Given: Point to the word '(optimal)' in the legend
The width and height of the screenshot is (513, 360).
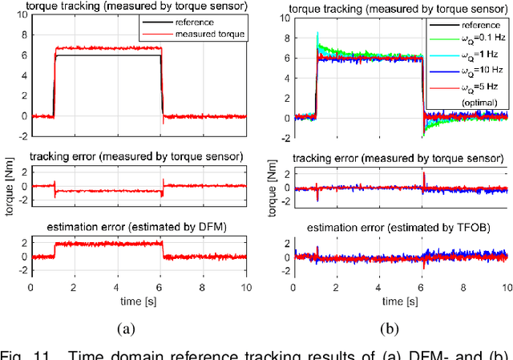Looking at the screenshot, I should point(475,103).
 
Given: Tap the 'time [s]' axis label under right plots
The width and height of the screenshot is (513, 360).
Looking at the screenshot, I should point(402,301).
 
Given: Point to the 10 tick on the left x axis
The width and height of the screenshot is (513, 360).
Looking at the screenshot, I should point(247,287).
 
